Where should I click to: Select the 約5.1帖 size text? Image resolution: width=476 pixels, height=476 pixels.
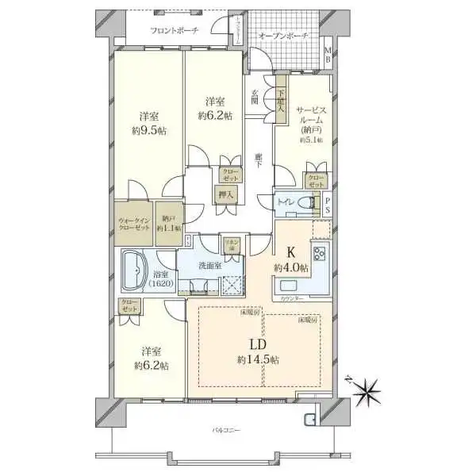(311, 140)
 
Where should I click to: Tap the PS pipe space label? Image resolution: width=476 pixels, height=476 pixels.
(328, 205)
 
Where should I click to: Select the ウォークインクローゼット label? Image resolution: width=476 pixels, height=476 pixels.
(134, 224)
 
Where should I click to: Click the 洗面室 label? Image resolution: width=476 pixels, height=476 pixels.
(210, 266)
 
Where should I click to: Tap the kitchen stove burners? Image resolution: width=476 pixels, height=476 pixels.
(320, 255)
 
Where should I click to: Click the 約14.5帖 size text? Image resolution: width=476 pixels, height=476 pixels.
(258, 359)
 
